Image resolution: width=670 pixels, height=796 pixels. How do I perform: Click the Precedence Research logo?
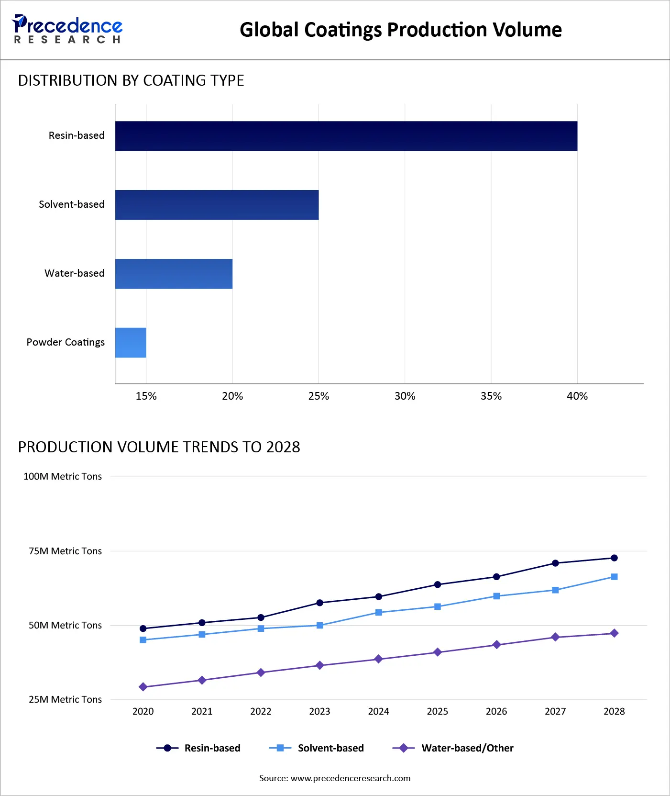click(x=67, y=29)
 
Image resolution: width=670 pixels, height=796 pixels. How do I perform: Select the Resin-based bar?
click(x=346, y=136)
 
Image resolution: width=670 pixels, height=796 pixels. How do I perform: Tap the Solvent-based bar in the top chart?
click(x=217, y=205)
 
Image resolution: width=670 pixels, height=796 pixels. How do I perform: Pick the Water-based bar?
click(x=174, y=274)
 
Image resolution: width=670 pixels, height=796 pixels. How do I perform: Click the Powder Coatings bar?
click(x=131, y=343)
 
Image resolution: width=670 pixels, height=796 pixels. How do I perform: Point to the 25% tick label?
click(x=319, y=396)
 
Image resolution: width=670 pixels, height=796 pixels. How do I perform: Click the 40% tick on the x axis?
click(x=577, y=396)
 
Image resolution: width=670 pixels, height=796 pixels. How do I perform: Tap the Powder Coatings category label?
click(x=66, y=342)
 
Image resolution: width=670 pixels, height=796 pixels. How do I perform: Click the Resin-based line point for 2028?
click(x=614, y=558)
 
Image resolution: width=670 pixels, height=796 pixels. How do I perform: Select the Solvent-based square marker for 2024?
click(x=379, y=612)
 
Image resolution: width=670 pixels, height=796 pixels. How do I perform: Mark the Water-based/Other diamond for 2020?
click(x=143, y=687)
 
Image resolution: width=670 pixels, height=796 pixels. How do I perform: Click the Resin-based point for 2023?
click(x=320, y=603)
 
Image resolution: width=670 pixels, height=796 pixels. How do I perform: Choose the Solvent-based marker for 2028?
click(x=614, y=577)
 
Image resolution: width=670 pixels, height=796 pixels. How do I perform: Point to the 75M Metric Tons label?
click(x=65, y=551)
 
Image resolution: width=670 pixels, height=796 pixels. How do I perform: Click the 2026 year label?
click(x=496, y=711)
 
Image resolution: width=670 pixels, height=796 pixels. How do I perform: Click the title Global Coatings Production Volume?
click(x=400, y=30)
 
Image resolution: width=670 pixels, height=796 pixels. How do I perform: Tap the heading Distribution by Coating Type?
click(x=131, y=80)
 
